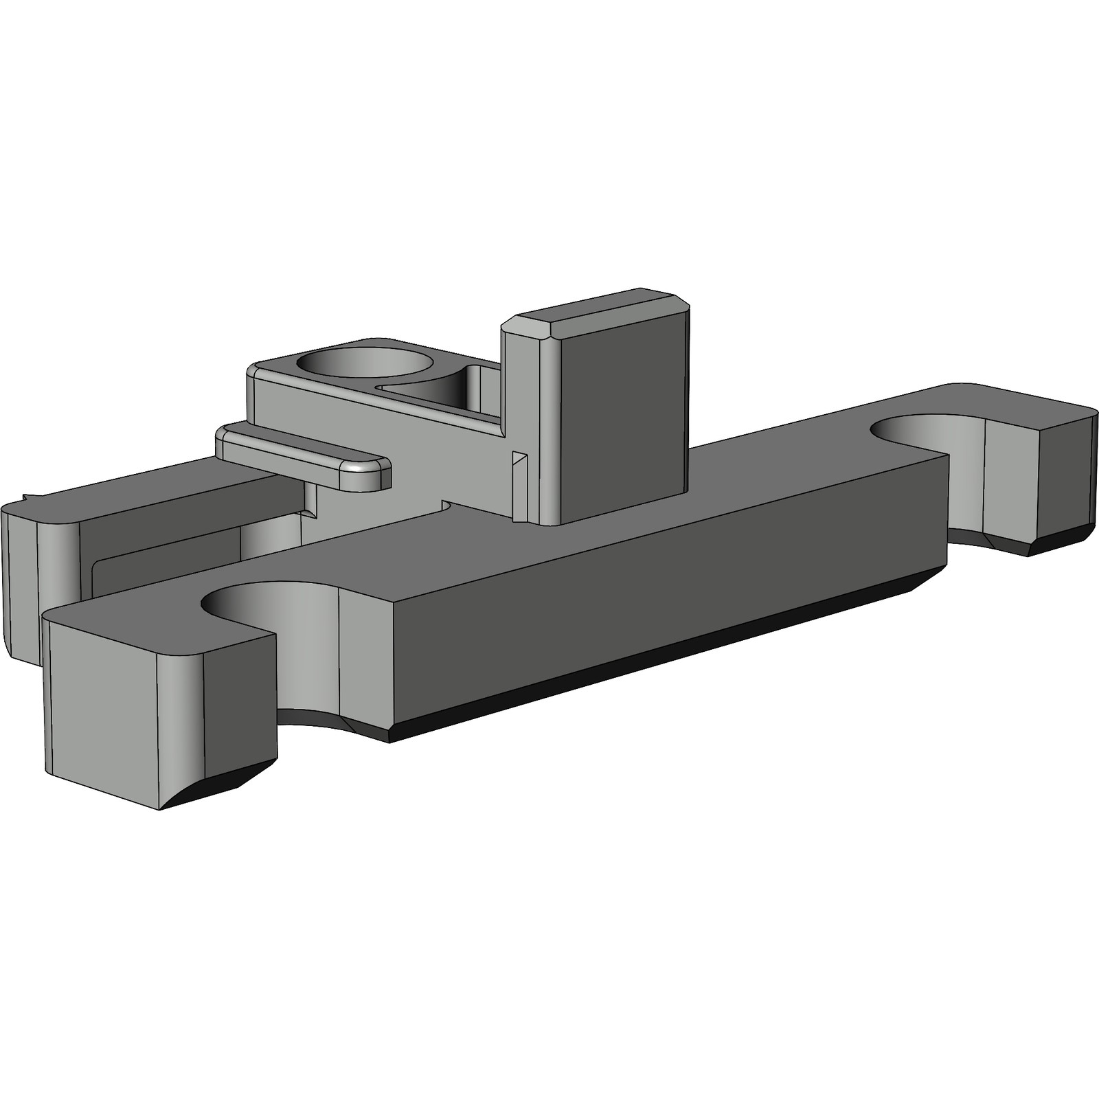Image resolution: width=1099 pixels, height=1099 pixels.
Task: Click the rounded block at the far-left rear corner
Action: coord(27,577)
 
